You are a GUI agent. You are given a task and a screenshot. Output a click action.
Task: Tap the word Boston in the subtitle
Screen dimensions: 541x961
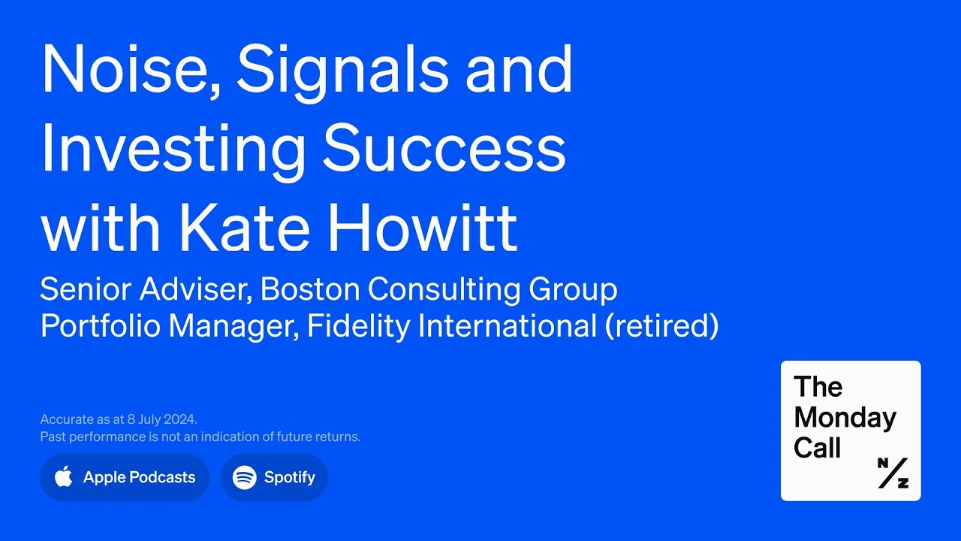point(310,289)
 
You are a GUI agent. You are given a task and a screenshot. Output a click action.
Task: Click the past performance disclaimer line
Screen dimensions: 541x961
point(200,437)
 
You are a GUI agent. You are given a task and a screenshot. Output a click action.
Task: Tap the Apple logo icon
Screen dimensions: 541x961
point(64,476)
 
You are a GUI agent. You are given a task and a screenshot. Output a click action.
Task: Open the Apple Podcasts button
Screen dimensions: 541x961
point(125,477)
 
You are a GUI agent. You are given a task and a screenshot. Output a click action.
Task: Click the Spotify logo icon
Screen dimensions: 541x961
point(245,477)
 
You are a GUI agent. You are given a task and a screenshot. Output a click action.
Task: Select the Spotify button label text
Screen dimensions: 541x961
point(290,477)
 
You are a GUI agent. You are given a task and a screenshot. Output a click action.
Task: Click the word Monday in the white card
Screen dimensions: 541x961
point(845,418)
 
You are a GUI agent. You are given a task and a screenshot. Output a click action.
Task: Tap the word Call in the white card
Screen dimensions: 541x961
point(817,449)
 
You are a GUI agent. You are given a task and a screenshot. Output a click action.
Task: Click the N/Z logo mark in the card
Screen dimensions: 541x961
point(893,473)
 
